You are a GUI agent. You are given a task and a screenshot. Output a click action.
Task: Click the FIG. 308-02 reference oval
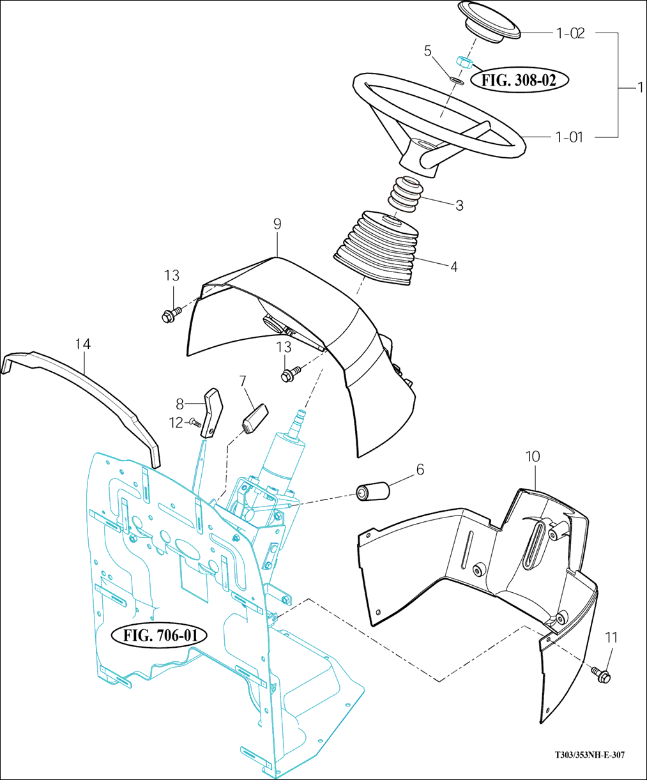point(518,80)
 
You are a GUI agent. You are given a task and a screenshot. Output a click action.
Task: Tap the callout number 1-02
point(570,33)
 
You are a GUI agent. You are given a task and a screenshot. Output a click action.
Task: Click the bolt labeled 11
point(600,673)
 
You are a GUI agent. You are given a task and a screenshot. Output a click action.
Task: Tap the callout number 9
point(277,224)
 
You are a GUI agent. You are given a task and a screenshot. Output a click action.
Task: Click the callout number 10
point(533,456)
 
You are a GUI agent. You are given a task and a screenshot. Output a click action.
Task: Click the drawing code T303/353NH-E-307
point(589,755)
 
